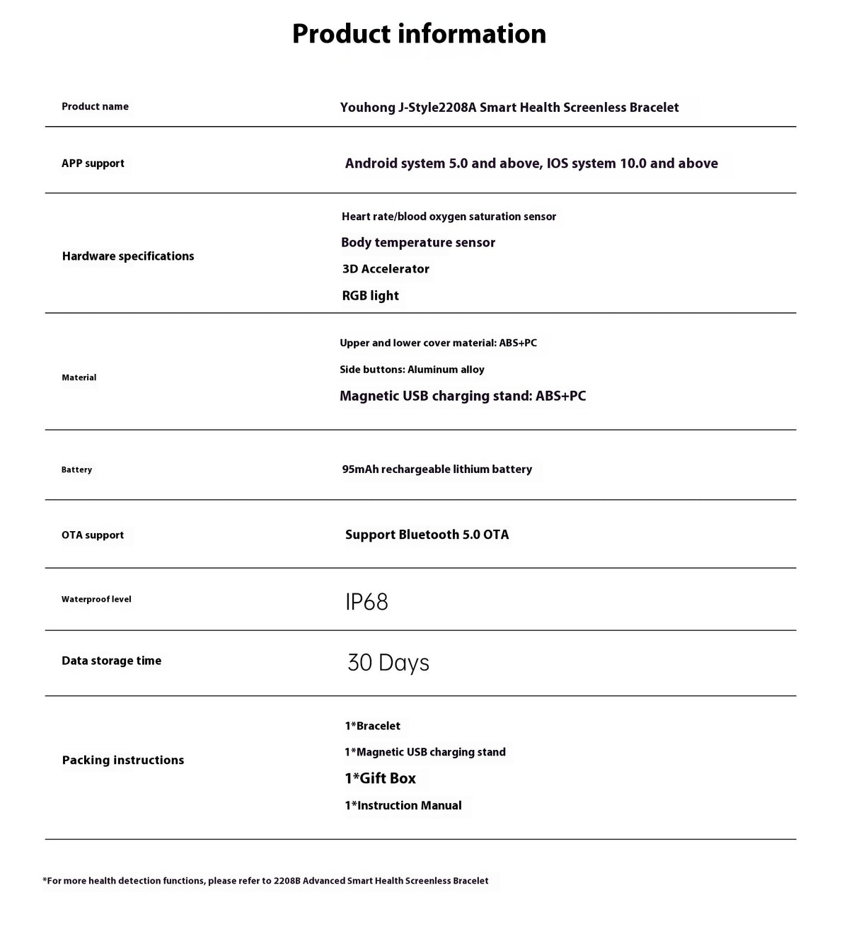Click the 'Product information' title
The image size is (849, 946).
419,34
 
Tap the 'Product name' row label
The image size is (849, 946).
95,107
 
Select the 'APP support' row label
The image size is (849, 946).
93,164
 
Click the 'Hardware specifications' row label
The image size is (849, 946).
128,256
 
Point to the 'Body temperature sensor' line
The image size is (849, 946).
418,243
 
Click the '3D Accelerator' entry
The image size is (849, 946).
386,269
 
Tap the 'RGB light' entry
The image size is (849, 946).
370,296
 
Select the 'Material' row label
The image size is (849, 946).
79,377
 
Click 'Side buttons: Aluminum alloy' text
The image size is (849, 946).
412,370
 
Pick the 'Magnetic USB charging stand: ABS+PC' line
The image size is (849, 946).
463,397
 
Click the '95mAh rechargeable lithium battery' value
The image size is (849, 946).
437,469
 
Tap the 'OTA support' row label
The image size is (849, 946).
93,535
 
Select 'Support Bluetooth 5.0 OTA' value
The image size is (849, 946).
427,535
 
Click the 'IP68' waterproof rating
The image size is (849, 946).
366,602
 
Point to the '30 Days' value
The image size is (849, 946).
388,663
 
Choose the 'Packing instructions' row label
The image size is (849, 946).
123,760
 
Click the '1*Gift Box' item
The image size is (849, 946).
380,779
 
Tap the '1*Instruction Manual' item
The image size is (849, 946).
403,806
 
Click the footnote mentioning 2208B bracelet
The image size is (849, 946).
265,882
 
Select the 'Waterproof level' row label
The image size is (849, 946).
96,600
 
